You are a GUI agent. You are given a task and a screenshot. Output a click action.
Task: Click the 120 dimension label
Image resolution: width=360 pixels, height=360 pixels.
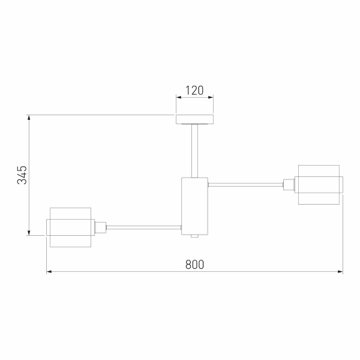(194, 90)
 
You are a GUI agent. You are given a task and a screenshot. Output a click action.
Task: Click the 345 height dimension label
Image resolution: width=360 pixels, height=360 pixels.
(22, 175)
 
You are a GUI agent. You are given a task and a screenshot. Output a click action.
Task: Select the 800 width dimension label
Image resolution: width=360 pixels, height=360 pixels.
(194, 265)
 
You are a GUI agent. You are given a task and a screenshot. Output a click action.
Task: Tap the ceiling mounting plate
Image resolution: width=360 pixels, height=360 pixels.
(194, 119)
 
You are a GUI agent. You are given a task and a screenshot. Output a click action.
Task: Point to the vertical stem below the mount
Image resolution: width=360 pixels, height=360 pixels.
(194, 151)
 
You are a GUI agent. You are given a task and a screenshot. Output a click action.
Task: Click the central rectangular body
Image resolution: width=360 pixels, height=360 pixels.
(194, 206)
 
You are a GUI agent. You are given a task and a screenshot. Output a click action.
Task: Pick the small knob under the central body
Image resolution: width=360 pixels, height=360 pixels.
(194, 236)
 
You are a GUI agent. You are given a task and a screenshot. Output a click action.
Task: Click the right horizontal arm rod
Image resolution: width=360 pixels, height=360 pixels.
(245, 185)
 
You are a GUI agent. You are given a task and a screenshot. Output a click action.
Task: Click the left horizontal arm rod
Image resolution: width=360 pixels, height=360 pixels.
(144, 227)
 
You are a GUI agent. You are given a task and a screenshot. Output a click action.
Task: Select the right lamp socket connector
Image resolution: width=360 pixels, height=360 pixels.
(289, 185)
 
